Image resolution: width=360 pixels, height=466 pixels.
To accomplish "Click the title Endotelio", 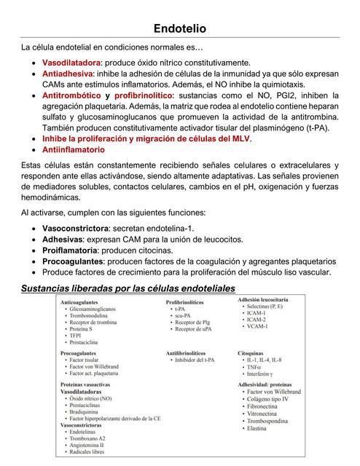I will tap(179, 28).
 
